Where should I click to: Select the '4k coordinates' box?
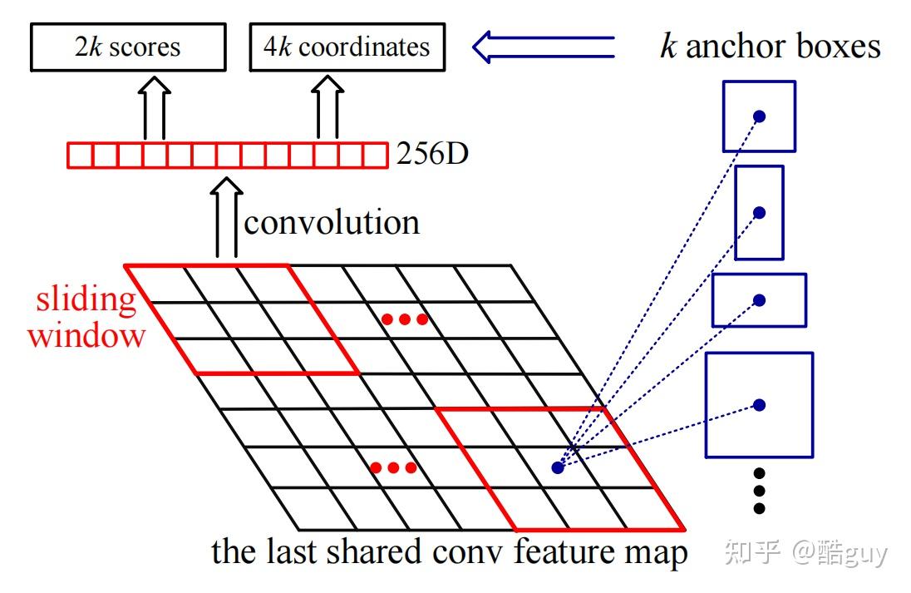click(347, 47)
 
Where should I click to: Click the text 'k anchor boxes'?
click(770, 46)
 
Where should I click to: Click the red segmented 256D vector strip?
click(227, 156)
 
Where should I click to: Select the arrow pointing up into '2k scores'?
click(154, 108)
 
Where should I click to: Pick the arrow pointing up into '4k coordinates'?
click(327, 108)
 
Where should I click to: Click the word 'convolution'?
click(332, 223)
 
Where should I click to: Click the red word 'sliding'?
click(86, 299)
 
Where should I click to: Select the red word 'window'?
click(86, 335)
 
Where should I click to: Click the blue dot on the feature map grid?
click(557, 468)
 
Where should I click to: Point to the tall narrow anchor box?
click(759, 212)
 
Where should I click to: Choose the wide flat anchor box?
click(759, 299)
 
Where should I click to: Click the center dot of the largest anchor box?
click(759, 405)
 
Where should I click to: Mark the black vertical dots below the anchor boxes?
click(758, 491)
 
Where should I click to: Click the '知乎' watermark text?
click(752, 552)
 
